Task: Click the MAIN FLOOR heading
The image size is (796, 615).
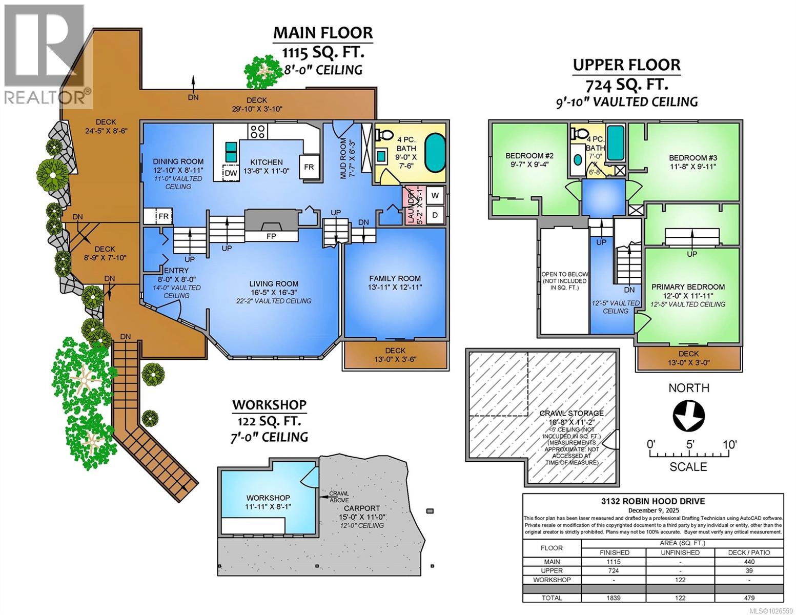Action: click(x=323, y=32)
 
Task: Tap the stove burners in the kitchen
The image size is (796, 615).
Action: click(x=257, y=131)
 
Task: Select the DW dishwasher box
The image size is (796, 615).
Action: click(x=231, y=173)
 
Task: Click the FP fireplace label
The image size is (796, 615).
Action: click(x=272, y=236)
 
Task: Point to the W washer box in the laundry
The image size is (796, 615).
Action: click(x=435, y=195)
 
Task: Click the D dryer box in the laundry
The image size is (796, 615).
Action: click(x=435, y=215)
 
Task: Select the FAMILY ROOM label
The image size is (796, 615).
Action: click(x=395, y=278)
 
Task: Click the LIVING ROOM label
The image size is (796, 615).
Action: click(x=274, y=283)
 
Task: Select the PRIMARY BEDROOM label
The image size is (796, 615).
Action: click(x=688, y=287)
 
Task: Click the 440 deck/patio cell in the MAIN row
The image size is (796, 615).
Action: click(x=749, y=562)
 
